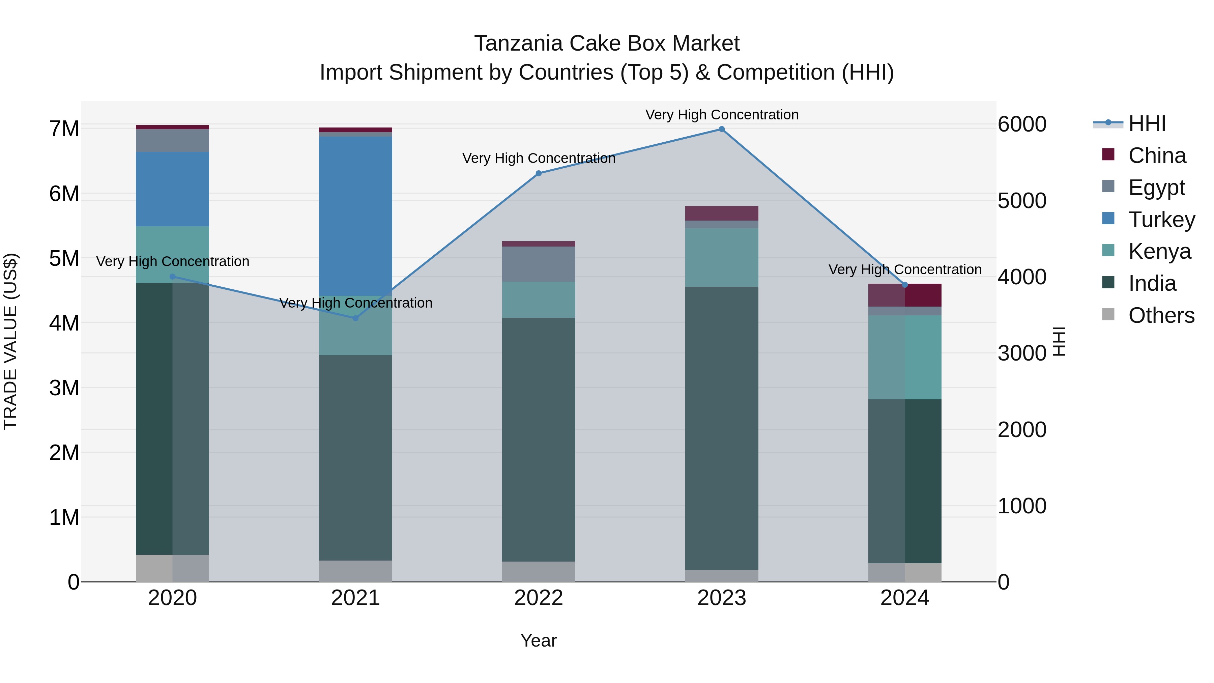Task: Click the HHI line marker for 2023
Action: coord(722,129)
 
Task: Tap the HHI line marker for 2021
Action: coord(356,318)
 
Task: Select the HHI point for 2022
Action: coord(539,173)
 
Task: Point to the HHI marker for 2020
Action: coord(172,277)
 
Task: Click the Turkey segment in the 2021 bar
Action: coord(356,216)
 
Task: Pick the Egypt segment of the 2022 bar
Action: coord(539,264)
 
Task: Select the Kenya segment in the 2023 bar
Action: coord(722,257)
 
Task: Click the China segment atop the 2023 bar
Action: coord(722,213)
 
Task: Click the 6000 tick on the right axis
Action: coord(1022,124)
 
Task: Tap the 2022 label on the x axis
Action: coord(539,598)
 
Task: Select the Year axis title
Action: coord(539,641)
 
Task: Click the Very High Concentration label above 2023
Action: coord(722,115)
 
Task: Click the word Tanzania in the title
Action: coord(518,44)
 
